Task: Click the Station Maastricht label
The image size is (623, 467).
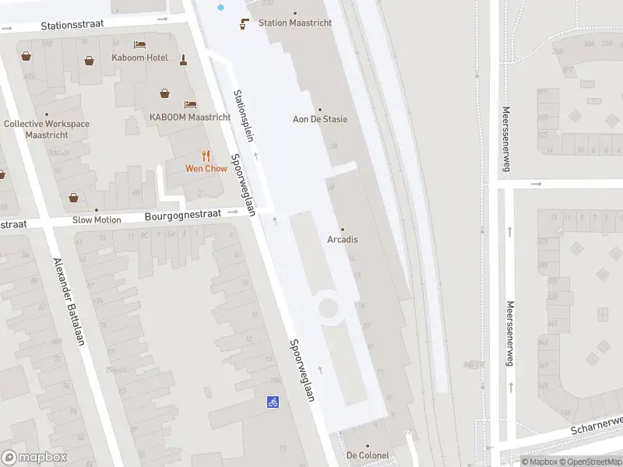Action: [295, 23]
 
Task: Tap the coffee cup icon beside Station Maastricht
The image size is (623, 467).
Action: [245, 23]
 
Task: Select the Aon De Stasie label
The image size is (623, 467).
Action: [319, 119]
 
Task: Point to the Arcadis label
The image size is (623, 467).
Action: [342, 239]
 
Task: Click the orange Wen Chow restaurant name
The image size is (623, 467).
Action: [206, 168]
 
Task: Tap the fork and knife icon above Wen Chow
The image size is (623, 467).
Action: [206, 156]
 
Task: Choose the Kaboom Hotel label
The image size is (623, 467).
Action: [139, 58]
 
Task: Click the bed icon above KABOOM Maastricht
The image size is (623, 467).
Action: [190, 104]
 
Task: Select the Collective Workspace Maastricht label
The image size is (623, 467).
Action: [47, 129]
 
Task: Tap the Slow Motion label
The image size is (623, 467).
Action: [97, 219]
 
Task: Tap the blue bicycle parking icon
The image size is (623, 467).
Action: [273, 402]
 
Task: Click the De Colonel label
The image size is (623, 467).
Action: [368, 455]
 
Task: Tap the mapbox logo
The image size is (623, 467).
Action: [34, 458]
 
